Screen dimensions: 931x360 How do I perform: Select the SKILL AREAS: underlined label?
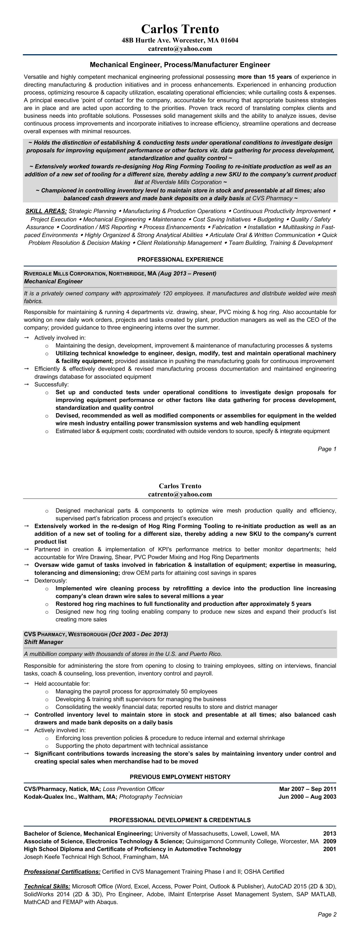click(46, 211)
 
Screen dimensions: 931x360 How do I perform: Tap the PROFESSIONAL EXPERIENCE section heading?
click(180, 259)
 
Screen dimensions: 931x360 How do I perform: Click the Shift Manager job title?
click(43, 642)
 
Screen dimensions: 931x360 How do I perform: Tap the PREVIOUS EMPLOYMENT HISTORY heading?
click(180, 777)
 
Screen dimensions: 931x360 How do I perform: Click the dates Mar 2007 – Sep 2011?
click(307, 789)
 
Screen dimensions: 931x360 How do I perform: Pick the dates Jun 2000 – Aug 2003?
click(307, 797)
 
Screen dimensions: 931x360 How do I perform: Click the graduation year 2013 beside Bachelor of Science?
click(329, 834)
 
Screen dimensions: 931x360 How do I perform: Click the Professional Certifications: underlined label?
click(62, 872)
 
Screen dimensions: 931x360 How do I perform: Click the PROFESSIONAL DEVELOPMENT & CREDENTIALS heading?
click(180, 820)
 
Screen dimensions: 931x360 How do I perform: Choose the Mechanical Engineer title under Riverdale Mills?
click(53, 281)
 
